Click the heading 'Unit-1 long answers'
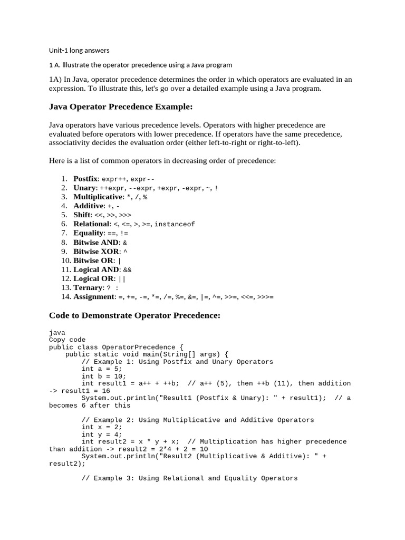[79, 51]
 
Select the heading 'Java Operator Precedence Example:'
[121, 107]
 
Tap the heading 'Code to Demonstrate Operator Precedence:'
[134, 315]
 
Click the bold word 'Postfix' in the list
[85, 179]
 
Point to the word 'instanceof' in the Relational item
[175, 224]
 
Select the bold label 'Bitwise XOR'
[97, 252]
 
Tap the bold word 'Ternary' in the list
[88, 287]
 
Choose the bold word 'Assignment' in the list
[94, 297]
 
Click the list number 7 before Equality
[64, 233]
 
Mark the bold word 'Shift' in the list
[82, 215]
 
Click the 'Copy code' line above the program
[67, 340]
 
